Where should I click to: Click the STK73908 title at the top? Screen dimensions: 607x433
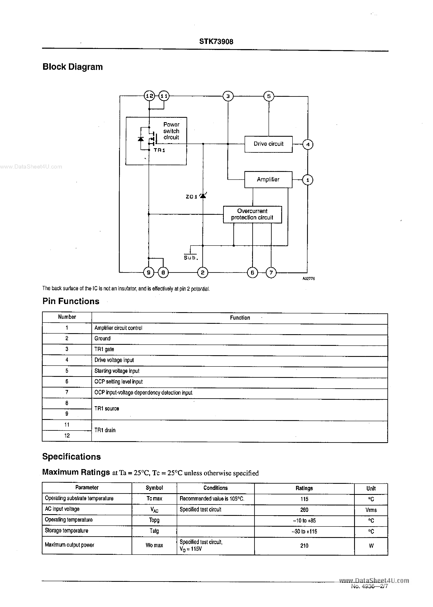tap(216, 42)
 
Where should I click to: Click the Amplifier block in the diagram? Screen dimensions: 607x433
tap(268, 180)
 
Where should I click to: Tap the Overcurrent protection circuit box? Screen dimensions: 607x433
tap(252, 214)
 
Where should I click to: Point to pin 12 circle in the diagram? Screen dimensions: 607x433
tap(149, 96)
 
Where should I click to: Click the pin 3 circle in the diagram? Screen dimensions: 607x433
tap(228, 96)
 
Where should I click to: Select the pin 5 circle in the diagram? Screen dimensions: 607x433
tap(269, 96)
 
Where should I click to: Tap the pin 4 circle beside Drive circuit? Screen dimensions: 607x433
tap(308, 145)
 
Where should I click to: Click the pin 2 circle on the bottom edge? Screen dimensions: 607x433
tap(203, 272)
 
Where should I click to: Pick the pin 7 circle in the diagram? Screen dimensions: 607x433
tap(271, 273)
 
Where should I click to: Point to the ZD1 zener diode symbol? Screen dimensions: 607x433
tap(203, 196)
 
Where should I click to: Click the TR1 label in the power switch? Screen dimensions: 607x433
tap(159, 150)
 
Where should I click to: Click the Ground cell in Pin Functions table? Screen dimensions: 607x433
tap(102, 338)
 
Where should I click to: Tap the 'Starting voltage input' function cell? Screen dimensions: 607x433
tap(117, 371)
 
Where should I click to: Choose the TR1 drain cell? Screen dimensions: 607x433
tap(105, 430)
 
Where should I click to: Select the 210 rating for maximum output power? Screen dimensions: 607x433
tap(304, 546)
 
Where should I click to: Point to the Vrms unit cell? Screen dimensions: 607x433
tap(371, 510)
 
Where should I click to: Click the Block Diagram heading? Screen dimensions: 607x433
tap(72, 67)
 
